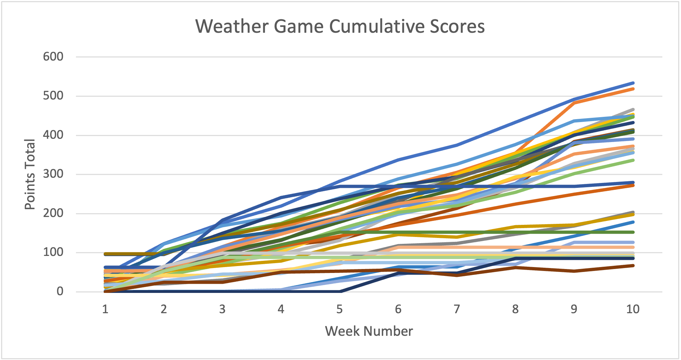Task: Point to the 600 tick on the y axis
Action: pos(53,57)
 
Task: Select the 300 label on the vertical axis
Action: pos(53,174)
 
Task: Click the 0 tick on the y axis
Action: pos(60,291)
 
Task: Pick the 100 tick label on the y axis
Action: pos(53,252)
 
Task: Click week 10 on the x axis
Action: pos(633,309)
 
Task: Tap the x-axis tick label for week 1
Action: pos(105,309)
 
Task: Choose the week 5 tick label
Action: pos(340,309)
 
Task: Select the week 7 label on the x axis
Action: pos(457,309)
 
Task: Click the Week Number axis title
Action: pos(369,331)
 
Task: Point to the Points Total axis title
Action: pos(30,174)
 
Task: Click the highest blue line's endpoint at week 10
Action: pos(633,83)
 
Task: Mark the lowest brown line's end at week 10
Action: pos(633,265)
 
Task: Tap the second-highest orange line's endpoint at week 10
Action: pos(633,89)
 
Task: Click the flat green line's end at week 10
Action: pos(633,232)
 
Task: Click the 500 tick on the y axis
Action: pos(53,96)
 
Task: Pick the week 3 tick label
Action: pos(222,309)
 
